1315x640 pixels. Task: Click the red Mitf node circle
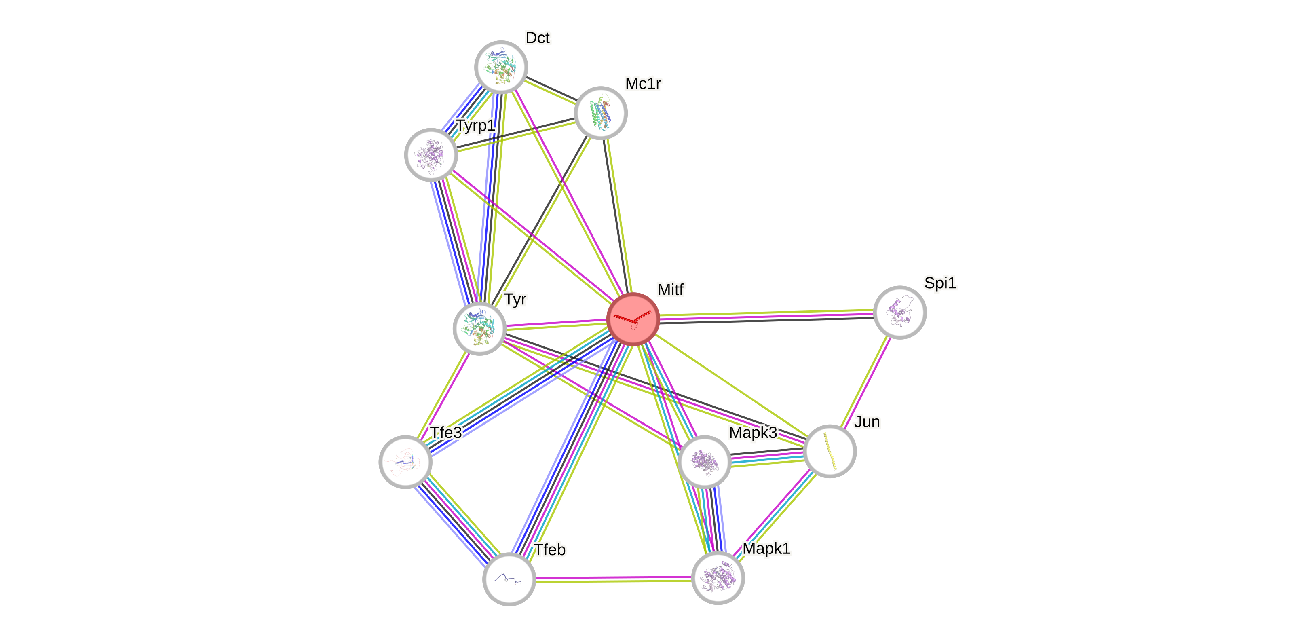click(633, 319)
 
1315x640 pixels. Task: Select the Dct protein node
click(501, 67)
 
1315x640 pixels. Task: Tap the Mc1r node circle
click(600, 113)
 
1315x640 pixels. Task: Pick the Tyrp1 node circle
click(431, 154)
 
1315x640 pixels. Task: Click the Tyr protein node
click(479, 328)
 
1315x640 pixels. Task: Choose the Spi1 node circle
click(899, 313)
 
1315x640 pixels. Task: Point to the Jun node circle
click(830, 451)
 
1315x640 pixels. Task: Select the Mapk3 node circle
click(705, 461)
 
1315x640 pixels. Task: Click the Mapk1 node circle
click(718, 578)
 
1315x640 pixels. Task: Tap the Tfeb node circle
click(509, 579)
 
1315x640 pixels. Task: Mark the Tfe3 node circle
click(405, 462)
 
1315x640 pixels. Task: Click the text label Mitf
click(670, 289)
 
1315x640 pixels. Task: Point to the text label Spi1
click(940, 283)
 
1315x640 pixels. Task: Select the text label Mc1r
click(643, 83)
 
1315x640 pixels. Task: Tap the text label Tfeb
click(550, 550)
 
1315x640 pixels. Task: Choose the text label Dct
click(538, 38)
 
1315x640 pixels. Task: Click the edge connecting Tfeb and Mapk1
click(612, 579)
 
